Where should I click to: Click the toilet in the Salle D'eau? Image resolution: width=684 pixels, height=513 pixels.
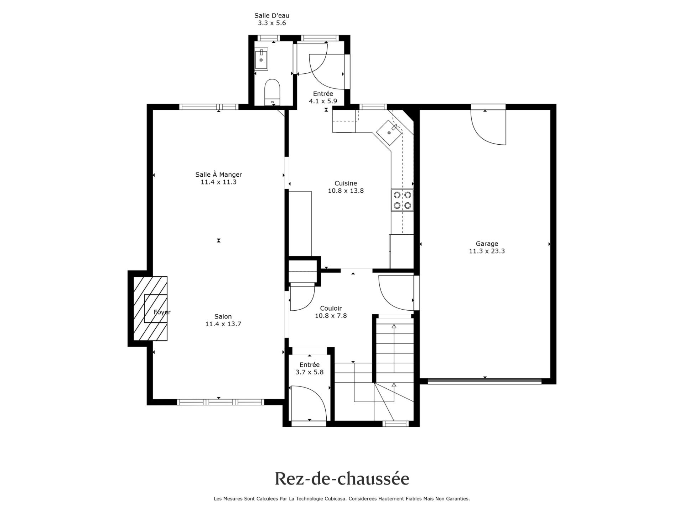coord(273,92)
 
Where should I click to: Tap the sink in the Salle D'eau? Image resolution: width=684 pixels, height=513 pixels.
coord(261,60)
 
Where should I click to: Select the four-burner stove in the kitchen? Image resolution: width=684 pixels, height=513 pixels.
coord(402,200)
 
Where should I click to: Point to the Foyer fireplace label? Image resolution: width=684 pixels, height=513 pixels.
coord(162,312)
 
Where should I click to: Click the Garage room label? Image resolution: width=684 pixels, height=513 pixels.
coord(487,244)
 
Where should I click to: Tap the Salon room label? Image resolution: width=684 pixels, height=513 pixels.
coord(223,316)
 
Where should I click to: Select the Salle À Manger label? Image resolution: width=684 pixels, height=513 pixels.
coord(219,175)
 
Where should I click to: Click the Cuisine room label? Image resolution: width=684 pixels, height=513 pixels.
coord(346,183)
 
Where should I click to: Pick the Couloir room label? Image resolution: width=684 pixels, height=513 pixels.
coord(331,308)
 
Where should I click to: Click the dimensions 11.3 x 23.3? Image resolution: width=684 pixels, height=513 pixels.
coord(487,251)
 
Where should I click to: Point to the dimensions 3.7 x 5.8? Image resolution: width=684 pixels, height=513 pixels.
coord(310,372)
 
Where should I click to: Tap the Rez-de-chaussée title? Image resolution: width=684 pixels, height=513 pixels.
coord(342,479)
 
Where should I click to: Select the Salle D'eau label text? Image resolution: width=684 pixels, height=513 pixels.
coord(272,15)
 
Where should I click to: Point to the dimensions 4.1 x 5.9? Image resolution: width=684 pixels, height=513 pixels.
coord(323,101)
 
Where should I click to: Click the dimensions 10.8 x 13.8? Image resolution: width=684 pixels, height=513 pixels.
coord(346,191)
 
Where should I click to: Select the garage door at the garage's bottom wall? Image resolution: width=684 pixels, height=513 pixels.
coord(484,381)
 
